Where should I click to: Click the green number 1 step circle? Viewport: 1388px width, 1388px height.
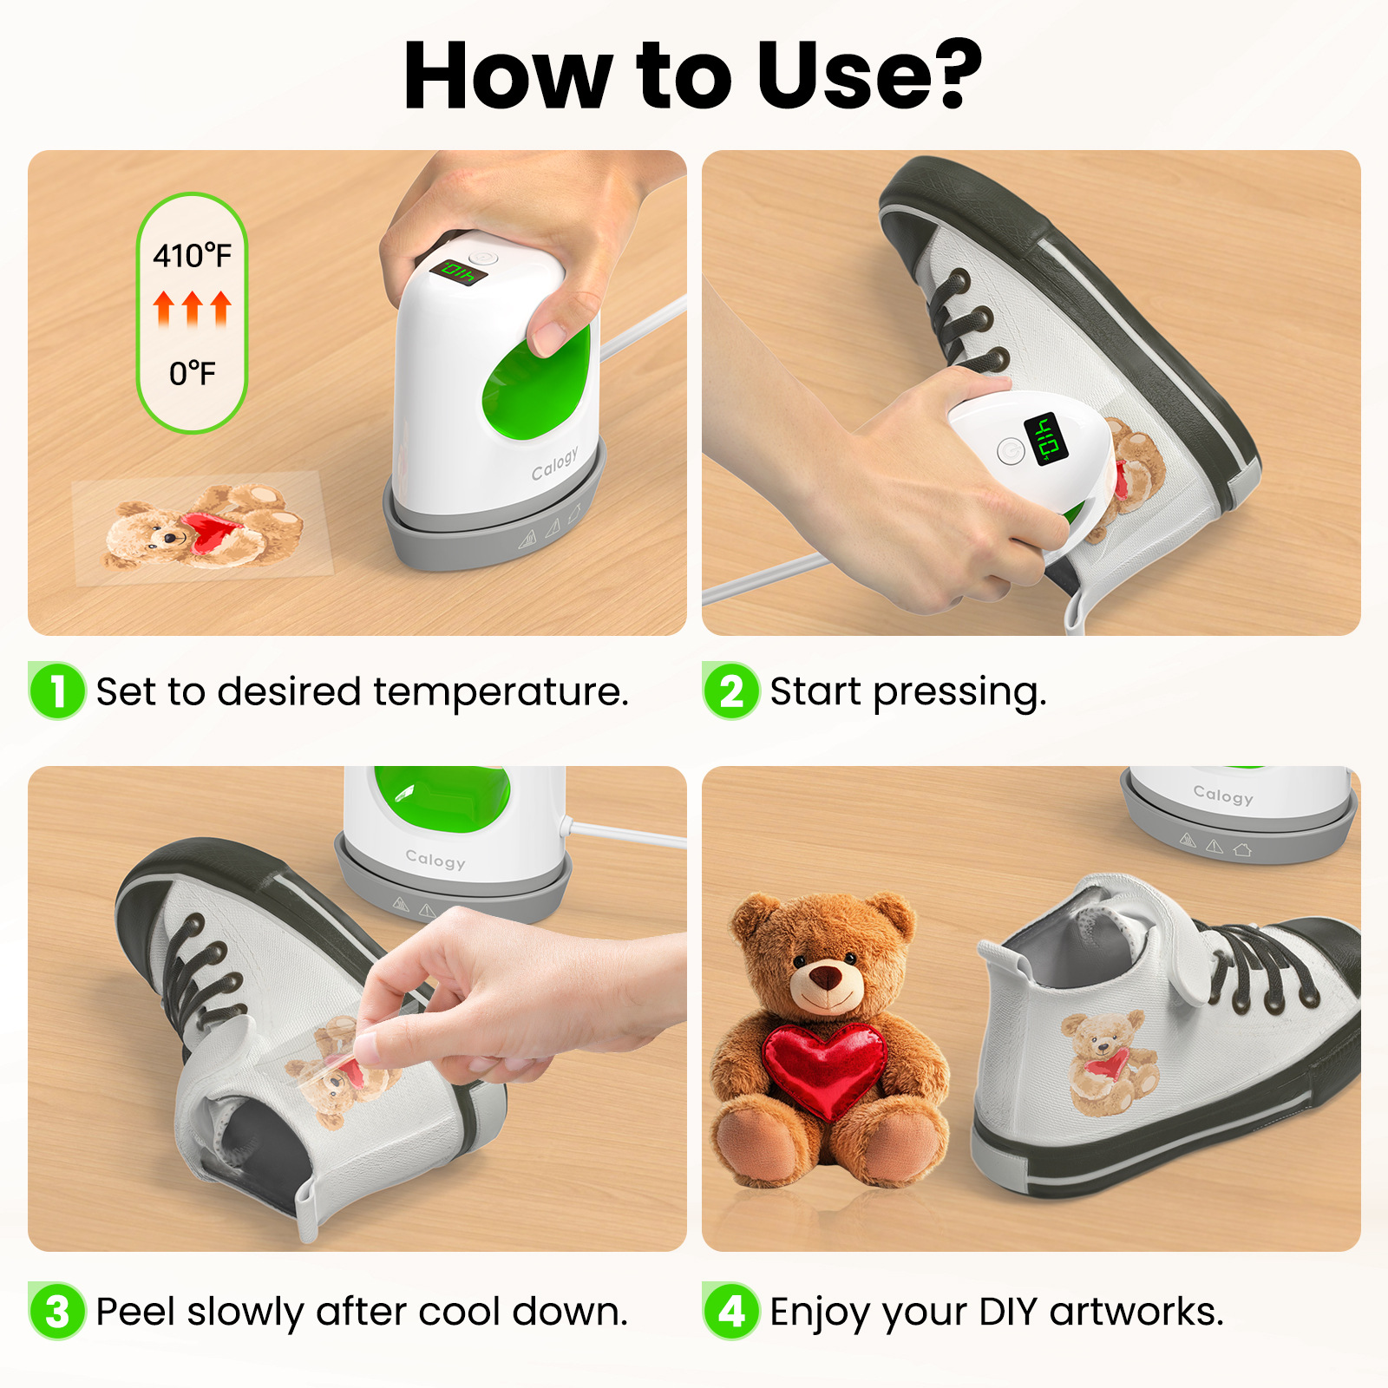point(57,691)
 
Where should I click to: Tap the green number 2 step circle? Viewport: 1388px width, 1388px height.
point(731,691)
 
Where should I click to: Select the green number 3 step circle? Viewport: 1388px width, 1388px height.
point(57,1311)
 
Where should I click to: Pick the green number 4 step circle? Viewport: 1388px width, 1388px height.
point(731,1311)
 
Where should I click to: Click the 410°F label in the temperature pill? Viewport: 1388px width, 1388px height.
point(192,255)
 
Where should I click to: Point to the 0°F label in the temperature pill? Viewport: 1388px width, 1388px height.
point(192,373)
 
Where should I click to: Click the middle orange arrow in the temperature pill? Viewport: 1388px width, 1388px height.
point(192,308)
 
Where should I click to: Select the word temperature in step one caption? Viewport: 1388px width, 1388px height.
point(500,692)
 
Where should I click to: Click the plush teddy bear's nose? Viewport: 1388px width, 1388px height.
point(827,978)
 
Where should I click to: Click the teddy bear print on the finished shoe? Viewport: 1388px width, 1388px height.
point(1108,1063)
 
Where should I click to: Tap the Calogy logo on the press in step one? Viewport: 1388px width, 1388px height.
point(554,463)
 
